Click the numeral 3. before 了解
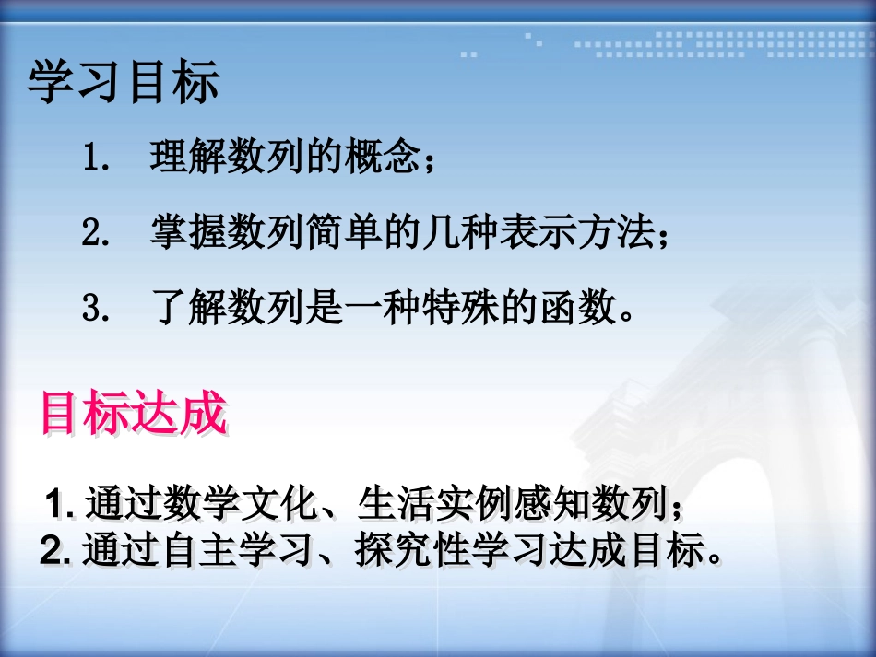[96, 309]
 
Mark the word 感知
[534, 505]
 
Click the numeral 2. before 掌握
[96, 233]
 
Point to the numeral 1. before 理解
[96, 158]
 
